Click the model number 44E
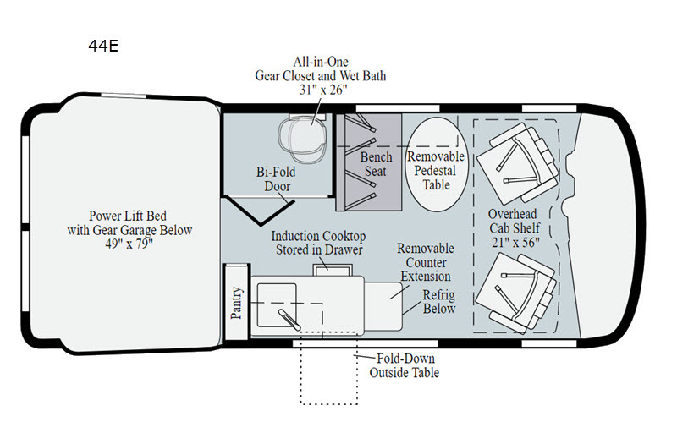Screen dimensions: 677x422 click(103, 46)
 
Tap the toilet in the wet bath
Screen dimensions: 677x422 click(302, 135)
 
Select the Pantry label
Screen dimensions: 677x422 click(236, 303)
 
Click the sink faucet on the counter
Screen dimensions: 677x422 click(289, 319)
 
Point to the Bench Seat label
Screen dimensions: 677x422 click(376, 164)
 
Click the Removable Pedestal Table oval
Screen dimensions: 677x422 click(436, 164)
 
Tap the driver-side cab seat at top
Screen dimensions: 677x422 click(518, 163)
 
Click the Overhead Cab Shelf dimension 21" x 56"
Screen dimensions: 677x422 click(515, 243)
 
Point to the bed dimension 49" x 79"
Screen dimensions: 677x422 click(129, 244)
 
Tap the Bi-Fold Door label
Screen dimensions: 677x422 click(277, 178)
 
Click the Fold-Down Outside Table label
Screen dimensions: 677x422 click(405, 365)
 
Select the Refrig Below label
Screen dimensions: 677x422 click(438, 302)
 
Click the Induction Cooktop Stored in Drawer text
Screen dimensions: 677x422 click(319, 243)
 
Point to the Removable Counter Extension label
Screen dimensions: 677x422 click(426, 262)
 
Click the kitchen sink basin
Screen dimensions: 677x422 click(277, 305)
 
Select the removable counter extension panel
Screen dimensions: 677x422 click(383, 306)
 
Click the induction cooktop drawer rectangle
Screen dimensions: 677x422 click(333, 270)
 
